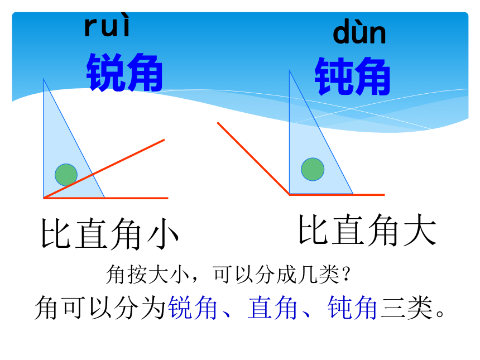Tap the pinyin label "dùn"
coord(359,32)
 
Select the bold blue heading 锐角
coord(124,73)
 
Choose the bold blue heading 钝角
coord(352,76)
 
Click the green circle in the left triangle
coord(66,175)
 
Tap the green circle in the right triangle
coord(313,169)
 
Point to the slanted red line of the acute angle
coord(104,169)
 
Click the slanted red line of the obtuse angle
coord(253,159)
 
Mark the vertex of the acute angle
coord(44,198)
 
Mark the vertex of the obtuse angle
coord(289,194)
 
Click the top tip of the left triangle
coord(44,79)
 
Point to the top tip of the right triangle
coord(289,70)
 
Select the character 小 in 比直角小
coord(162,233)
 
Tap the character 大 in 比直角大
coord(420,229)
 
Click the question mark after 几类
coord(346,274)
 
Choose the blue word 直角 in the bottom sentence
coord(272,308)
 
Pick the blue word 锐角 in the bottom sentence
coord(193,308)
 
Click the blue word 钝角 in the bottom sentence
coord(352,308)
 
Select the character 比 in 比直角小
coord(56,233)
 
